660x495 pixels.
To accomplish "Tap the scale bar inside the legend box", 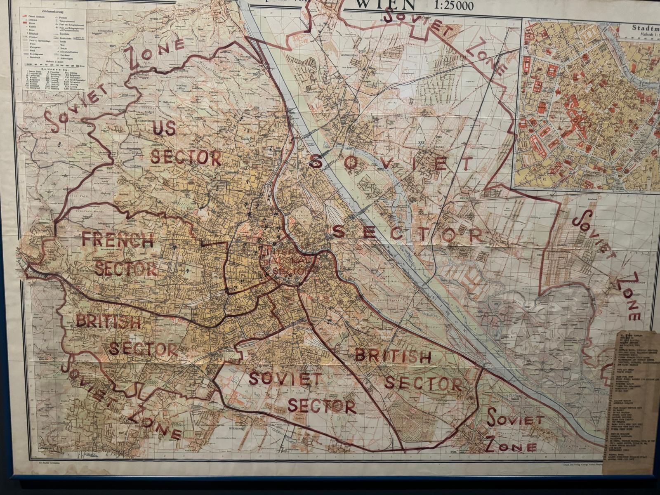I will pos(54,65).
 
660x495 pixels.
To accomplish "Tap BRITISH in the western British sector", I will pos(108,322).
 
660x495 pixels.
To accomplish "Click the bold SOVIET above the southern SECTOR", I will pos(285,379).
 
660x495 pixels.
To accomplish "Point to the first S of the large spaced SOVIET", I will pos(315,163).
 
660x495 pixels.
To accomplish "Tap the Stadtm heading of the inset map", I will pos(645,28).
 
